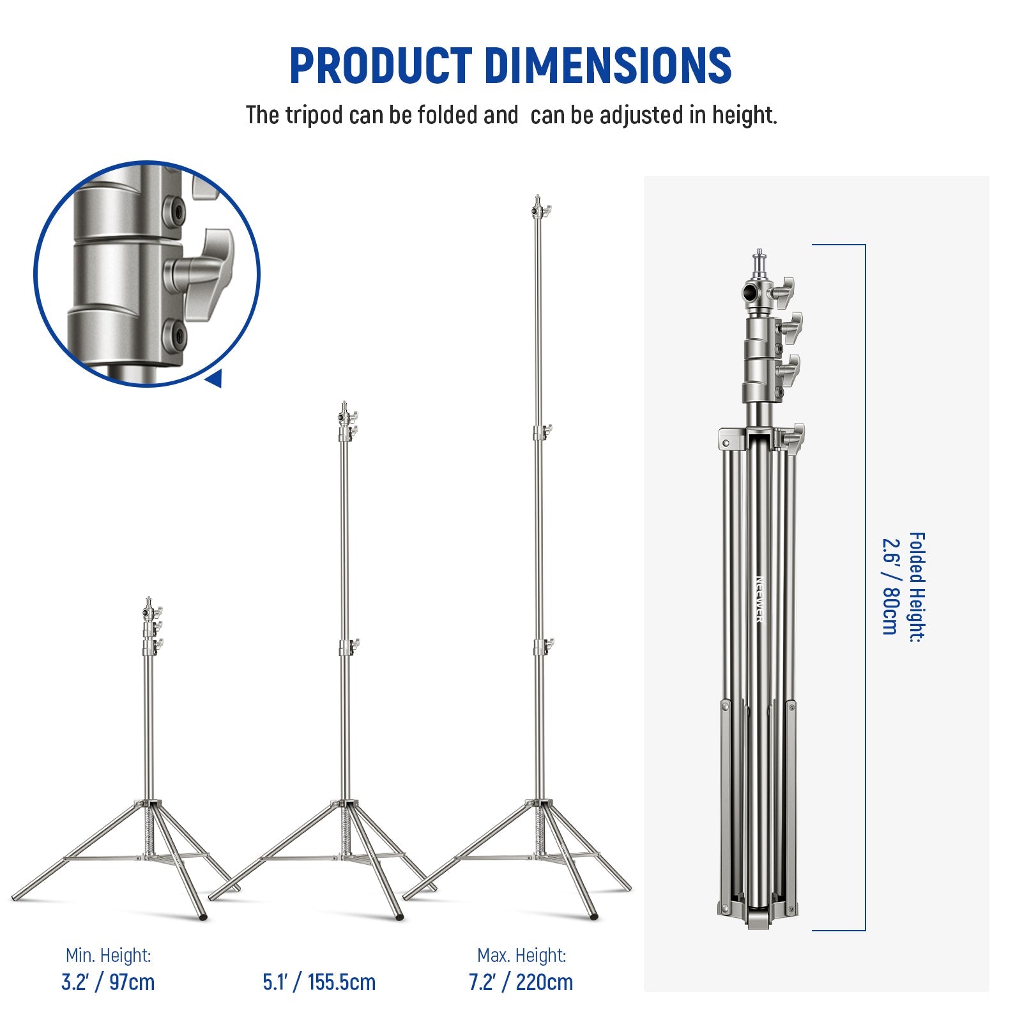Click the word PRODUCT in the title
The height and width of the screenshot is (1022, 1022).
pos(381,65)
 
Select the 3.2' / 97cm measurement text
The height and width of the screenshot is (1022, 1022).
pos(108,982)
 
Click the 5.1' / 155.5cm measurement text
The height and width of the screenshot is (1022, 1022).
pos(319,982)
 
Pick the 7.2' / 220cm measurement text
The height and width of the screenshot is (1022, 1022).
pos(521,982)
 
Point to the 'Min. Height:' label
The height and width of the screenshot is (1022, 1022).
pos(108,956)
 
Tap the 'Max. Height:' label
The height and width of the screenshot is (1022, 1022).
pos(521,956)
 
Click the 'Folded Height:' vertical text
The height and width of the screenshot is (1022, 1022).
pos(916,586)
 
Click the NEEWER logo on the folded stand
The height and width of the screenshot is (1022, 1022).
pos(759,600)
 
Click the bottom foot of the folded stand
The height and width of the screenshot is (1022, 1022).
pos(758,920)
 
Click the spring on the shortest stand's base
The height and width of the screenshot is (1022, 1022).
pos(149,830)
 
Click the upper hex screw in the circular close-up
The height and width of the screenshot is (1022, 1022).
pos(174,210)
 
